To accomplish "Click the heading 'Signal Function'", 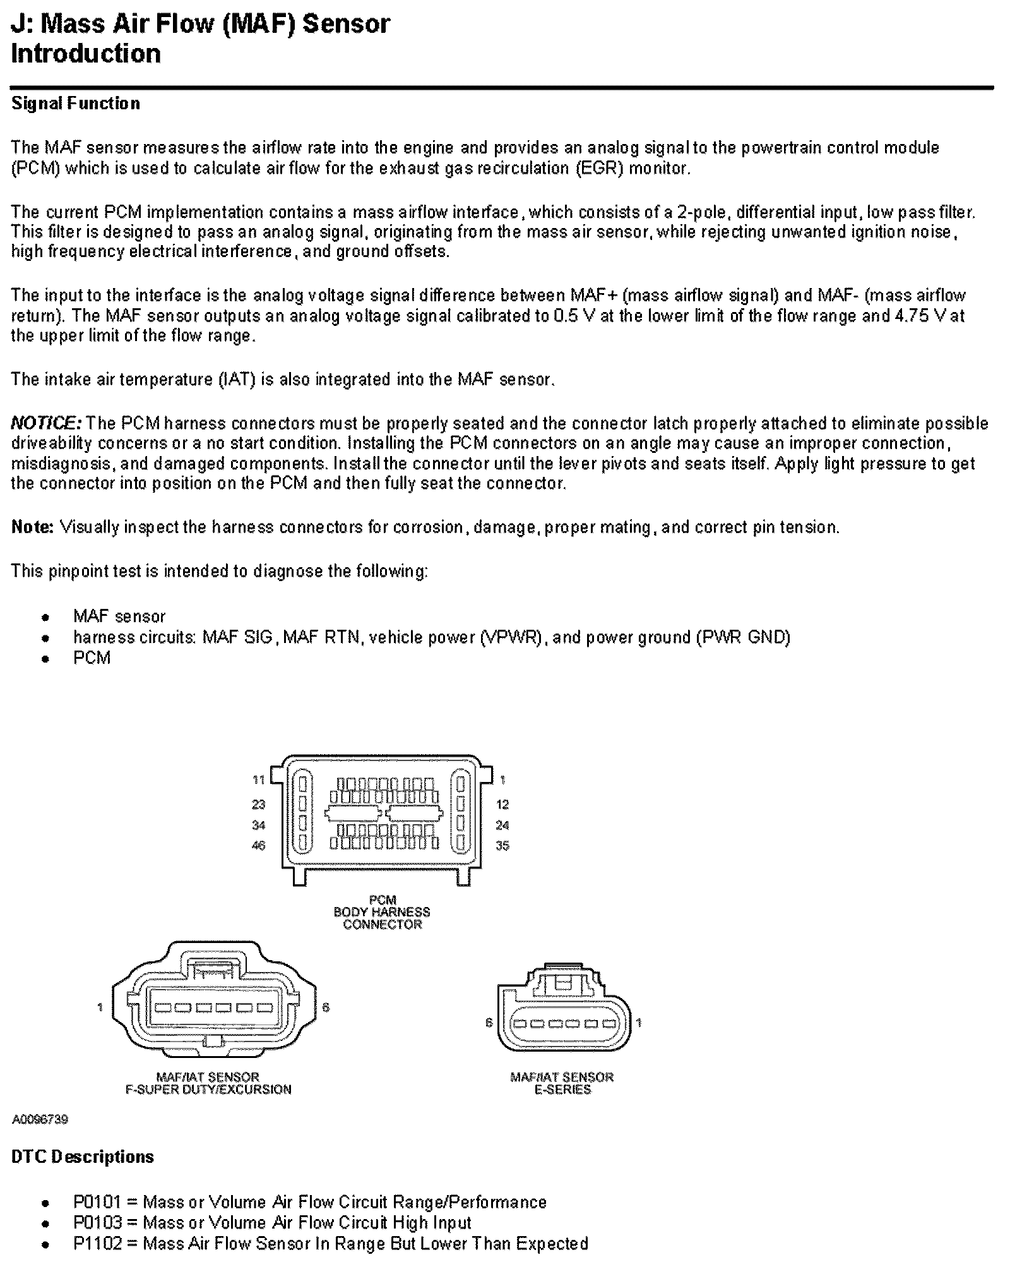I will (76, 104).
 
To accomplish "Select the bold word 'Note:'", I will (32, 527).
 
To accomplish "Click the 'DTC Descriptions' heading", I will (83, 1157).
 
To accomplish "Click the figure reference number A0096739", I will (40, 1120).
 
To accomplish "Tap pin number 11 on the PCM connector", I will (259, 780).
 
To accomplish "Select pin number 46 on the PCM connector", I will (259, 846).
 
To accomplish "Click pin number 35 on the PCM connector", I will (502, 846).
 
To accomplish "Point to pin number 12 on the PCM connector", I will (502, 805).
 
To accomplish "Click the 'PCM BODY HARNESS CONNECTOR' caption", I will (382, 912).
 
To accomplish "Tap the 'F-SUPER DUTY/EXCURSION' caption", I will (208, 1090).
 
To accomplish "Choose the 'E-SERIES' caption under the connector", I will (562, 1090).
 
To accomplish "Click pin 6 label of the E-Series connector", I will (489, 1023).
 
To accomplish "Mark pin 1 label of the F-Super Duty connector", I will (100, 1007).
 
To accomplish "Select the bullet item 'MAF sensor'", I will (119, 616).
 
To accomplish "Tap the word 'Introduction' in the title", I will (86, 54).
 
